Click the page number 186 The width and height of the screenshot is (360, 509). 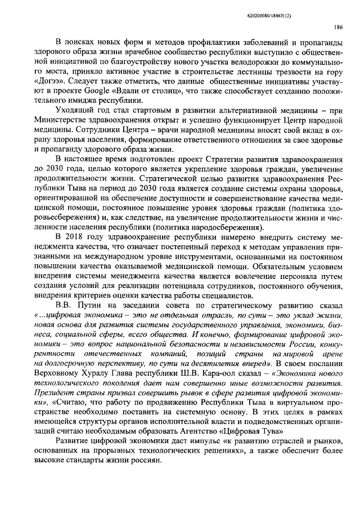click(339, 26)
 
